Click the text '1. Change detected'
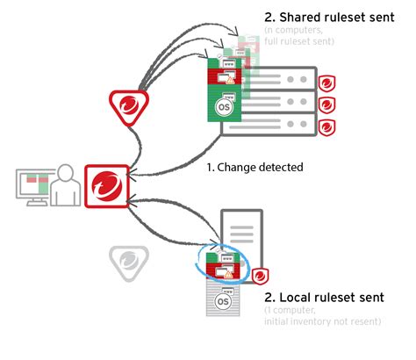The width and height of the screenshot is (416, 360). click(x=255, y=166)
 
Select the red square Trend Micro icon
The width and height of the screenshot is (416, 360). click(x=107, y=186)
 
